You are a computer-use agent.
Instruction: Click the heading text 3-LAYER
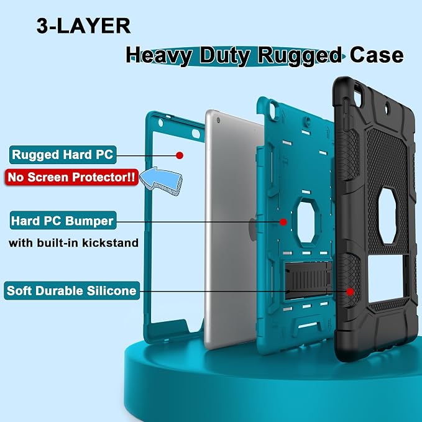pos(83,26)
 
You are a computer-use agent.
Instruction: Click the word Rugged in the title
pos(300,56)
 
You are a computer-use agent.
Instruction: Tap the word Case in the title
pos(377,55)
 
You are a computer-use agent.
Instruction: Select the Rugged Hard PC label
pos(63,155)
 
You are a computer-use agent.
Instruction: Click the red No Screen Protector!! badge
pos(71,177)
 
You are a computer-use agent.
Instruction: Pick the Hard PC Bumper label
pos(63,221)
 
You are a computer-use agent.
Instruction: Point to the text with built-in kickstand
pos(73,243)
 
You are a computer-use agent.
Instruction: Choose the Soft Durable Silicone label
pos(72,291)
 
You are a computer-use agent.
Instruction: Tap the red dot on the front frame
pos(180,155)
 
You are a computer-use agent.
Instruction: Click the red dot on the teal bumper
pos(283,222)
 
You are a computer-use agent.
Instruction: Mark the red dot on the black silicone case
pos(350,291)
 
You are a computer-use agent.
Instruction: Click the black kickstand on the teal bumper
pos(308,280)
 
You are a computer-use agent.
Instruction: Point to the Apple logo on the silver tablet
pos(253,229)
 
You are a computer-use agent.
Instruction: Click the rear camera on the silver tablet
pos(218,120)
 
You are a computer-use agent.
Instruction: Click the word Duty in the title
pos(225,56)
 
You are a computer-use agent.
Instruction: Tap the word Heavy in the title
pos(159,56)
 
